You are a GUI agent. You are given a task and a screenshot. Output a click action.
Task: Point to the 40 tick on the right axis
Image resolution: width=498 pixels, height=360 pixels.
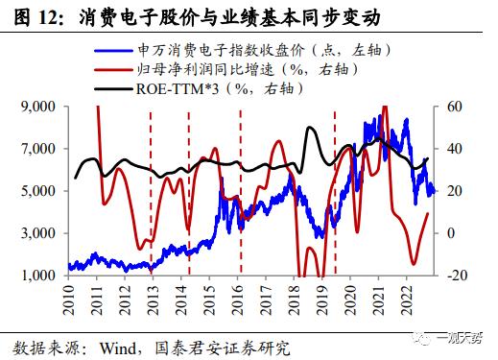[455, 150]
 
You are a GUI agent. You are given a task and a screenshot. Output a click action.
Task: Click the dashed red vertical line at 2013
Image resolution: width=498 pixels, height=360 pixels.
[151, 192]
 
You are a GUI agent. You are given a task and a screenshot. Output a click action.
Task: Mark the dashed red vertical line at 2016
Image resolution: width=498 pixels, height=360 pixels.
[240, 192]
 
